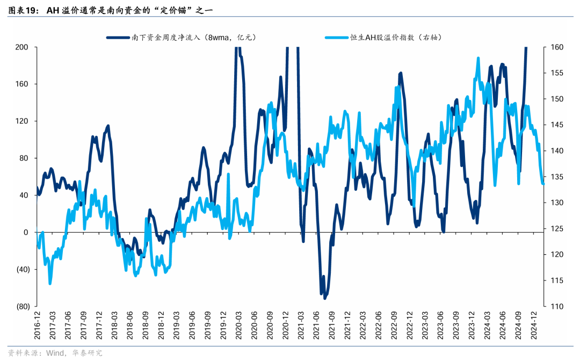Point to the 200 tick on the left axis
[x=22, y=47]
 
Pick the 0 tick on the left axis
[x=25, y=232]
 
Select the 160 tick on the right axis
[x=556, y=47]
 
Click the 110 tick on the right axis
[x=556, y=306]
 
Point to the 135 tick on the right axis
[x=556, y=177]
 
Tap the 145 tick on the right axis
[x=556, y=125]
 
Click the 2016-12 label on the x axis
[x=38, y=324]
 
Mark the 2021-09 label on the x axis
[x=333, y=324]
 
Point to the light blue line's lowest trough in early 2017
[x=50, y=284]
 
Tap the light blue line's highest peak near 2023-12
[x=478, y=58]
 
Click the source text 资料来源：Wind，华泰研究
[x=54, y=352]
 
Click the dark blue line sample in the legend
[x=118, y=37]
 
